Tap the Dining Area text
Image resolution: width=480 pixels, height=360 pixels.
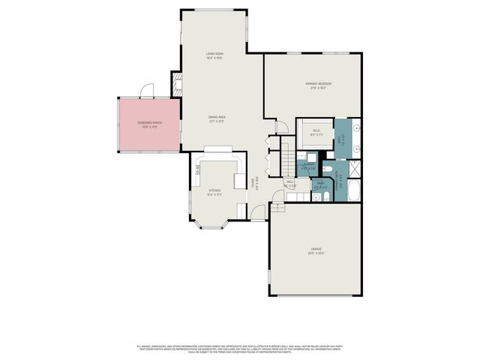click(x=217, y=117)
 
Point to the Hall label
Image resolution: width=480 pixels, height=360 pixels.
click(x=289, y=181)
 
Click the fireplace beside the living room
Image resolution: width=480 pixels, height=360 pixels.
click(x=177, y=84)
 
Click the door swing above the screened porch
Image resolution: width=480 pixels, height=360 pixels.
click(x=148, y=90)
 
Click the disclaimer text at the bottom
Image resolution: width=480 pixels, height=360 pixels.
click(x=240, y=348)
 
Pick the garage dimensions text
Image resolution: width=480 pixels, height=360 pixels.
click(x=316, y=253)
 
